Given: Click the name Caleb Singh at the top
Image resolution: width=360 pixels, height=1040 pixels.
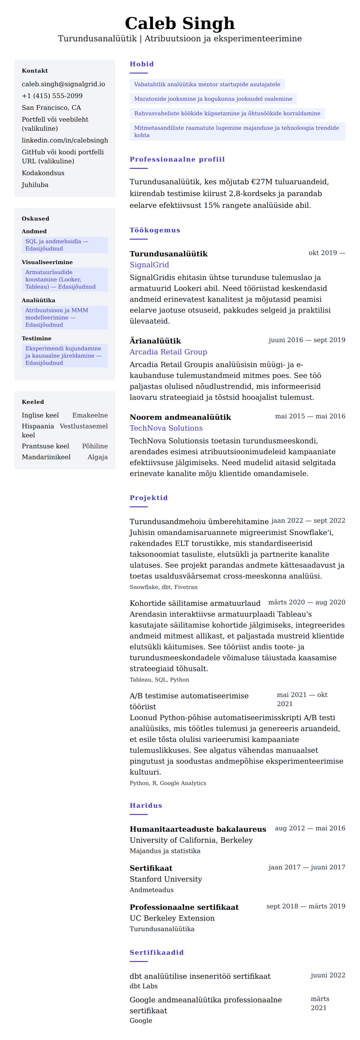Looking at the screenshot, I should pos(180,23).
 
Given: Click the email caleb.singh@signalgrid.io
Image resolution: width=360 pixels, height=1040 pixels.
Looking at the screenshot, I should pos(63,84).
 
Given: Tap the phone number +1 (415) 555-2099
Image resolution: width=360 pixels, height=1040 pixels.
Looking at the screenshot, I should pos(52,96).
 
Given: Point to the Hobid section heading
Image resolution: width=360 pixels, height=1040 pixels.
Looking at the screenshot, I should pos(142,64).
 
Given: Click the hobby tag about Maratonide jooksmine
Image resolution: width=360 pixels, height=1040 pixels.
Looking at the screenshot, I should pos(213,99).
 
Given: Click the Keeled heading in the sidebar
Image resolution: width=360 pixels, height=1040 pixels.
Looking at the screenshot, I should pos(33,402).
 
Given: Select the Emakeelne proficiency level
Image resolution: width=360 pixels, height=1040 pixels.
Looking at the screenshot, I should pos(90,415).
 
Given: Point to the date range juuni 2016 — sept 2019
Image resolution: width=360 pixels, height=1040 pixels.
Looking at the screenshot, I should pos(307,340).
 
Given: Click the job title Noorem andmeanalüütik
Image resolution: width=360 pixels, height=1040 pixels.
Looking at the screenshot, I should pos(180,417).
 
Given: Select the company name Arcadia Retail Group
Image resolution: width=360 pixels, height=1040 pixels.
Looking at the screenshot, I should pos(168,352).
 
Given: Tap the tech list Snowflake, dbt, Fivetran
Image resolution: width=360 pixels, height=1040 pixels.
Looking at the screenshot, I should pos(163,587).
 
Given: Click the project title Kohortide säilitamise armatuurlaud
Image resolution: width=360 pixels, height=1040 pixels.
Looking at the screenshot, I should pos(195,603).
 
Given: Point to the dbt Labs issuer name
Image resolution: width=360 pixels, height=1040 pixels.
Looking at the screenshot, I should pos(144,986).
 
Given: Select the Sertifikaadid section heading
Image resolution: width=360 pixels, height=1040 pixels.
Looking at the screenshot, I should pos(157,952).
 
